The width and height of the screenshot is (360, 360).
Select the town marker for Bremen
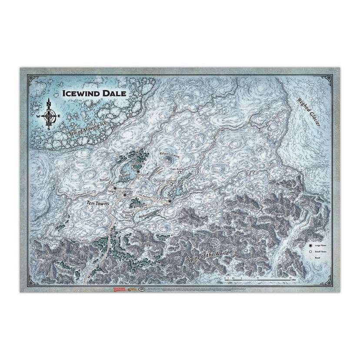(x=110, y=182)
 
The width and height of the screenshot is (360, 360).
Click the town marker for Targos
(x=115, y=188)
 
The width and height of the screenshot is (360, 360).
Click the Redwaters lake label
(x=145, y=214)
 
